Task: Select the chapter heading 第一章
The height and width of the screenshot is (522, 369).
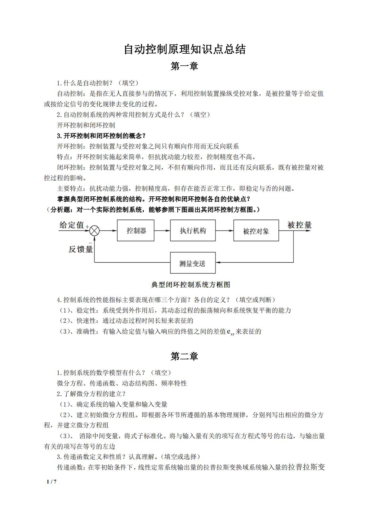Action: tap(184, 66)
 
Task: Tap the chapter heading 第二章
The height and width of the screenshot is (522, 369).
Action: tap(184, 356)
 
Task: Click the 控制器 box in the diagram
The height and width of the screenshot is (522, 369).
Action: tap(136, 231)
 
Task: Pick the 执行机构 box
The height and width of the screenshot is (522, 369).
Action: tap(193, 231)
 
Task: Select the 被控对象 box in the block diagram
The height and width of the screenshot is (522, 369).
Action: tap(256, 231)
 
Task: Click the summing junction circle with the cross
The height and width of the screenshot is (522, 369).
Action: tap(95, 231)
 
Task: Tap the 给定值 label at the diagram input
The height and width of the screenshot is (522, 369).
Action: tap(72, 225)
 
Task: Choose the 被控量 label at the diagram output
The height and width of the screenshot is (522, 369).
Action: tap(299, 225)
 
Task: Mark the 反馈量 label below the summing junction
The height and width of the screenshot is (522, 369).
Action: tap(81, 249)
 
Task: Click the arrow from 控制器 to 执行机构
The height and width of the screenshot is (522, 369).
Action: tap(162, 231)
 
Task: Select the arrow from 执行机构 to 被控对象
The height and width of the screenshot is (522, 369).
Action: tap(225, 231)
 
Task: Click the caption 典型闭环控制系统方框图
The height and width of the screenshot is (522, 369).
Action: tap(190, 284)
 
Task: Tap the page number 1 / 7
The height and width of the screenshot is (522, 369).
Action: tap(51, 482)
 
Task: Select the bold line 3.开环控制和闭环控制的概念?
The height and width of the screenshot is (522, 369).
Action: tap(101, 136)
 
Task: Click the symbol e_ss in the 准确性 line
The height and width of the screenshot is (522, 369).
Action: tap(230, 332)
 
